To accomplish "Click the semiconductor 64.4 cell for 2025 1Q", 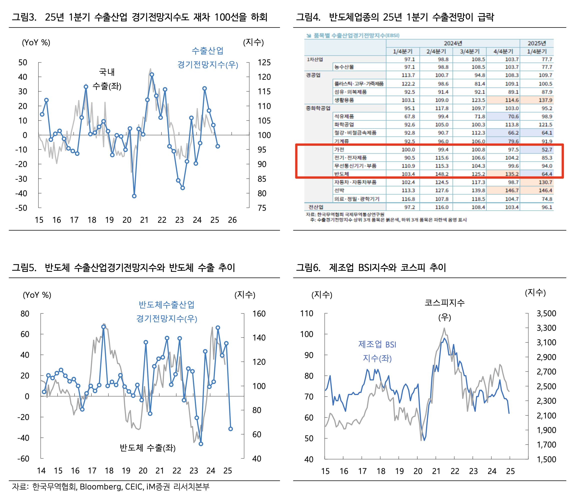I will click(546, 174).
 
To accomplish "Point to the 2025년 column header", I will click(536, 43).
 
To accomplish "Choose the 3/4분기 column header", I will click(470, 51).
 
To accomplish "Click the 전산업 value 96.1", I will click(546, 207).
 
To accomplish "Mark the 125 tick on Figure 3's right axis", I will click(264, 62).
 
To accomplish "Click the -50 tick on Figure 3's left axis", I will click(21, 208).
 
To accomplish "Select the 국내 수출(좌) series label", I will click(107, 79).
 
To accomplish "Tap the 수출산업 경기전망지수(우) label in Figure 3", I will click(208, 58).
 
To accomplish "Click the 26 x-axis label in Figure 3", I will click(232, 220).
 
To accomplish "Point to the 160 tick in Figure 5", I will click(259, 313).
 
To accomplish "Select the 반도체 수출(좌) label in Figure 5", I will click(147, 448).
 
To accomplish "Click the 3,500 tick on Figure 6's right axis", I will click(546, 313).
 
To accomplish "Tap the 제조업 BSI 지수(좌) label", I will click(377, 351).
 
